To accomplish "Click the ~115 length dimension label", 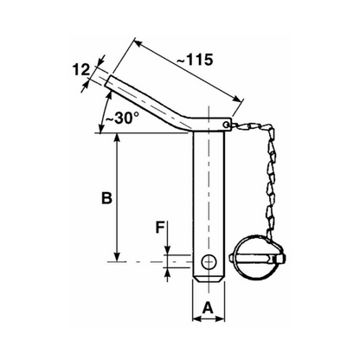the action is click(x=195, y=60).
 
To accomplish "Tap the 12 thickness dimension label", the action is click(x=80, y=70).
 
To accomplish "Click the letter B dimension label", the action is click(x=106, y=198).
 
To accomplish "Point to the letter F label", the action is click(x=160, y=228).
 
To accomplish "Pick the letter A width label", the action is click(x=208, y=307).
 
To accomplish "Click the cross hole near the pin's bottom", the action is click(x=209, y=262).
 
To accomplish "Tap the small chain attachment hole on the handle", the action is click(x=227, y=125).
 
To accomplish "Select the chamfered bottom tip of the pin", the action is click(x=209, y=280).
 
